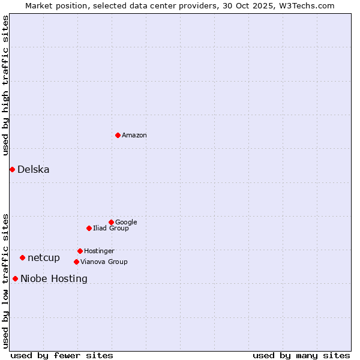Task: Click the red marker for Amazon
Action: (118, 135)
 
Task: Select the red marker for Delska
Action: (12, 169)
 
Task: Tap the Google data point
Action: (111, 222)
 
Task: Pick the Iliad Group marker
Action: (89, 228)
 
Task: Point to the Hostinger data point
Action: (80, 251)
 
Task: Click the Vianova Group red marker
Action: (76, 262)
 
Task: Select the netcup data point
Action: (22, 257)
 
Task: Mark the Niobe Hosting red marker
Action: (15, 278)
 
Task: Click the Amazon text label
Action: (134, 136)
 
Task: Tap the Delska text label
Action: (34, 170)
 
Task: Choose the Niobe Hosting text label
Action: (54, 279)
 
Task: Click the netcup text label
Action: (44, 258)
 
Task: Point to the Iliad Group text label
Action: (111, 229)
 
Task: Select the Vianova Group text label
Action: (104, 262)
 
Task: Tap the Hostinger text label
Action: (99, 251)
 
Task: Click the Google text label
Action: (126, 223)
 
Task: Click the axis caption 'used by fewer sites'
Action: (62, 356)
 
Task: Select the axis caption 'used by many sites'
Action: (301, 356)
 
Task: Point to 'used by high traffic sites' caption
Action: (6, 85)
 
